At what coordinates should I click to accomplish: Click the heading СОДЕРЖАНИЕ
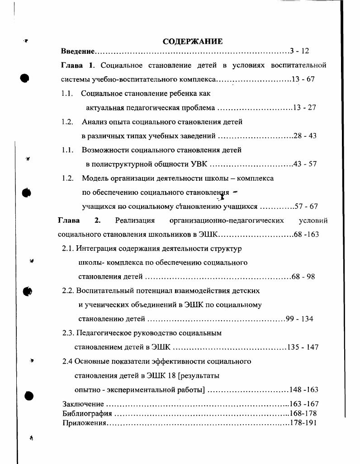pos(193,42)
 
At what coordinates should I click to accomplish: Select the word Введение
pos(77,51)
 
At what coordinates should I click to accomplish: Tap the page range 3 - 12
pos(299,51)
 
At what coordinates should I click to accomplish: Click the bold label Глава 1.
pos(77,65)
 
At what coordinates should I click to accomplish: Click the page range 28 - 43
pos(305,136)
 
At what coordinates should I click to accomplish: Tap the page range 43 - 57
pos(305,164)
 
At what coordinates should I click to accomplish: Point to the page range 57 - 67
pos(306,206)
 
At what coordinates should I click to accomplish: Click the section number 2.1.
pos(68,248)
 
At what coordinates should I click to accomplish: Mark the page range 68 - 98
pos(303,277)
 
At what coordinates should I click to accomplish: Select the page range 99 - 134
pos(299,319)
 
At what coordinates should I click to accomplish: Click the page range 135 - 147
pos(303,347)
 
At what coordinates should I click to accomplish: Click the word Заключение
pos(83,404)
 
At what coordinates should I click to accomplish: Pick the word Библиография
pos(87,413)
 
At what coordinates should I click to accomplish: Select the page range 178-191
pos(303,423)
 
